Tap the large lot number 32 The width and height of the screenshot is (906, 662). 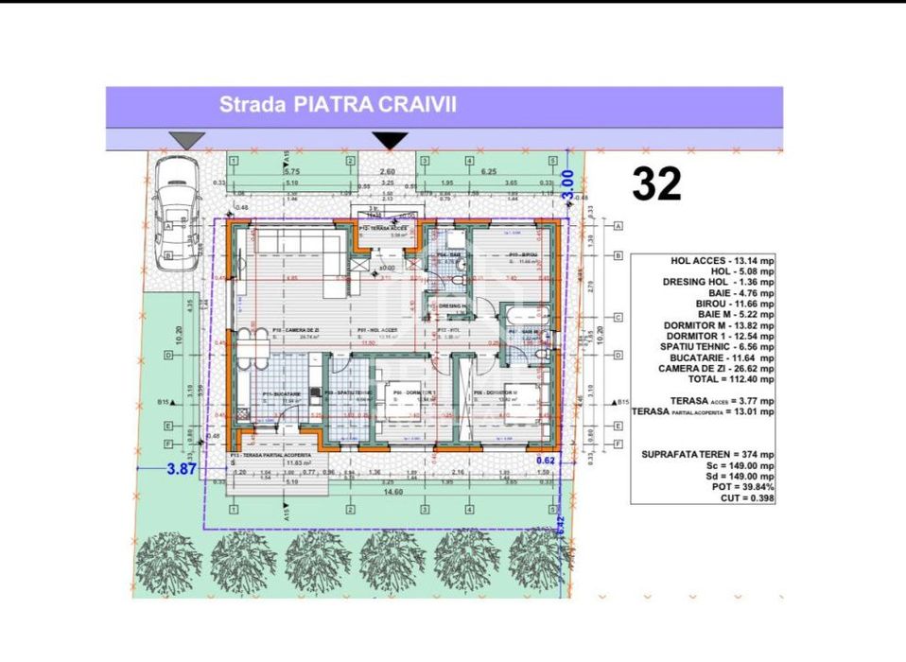[656, 184]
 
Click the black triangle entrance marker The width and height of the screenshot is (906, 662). [390, 140]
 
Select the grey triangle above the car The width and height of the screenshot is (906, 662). [186, 140]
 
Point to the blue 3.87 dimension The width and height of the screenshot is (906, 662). [182, 468]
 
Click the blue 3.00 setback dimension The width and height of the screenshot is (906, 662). [567, 183]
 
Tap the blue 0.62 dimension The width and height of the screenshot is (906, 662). [544, 461]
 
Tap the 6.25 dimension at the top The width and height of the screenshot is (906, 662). [489, 172]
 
